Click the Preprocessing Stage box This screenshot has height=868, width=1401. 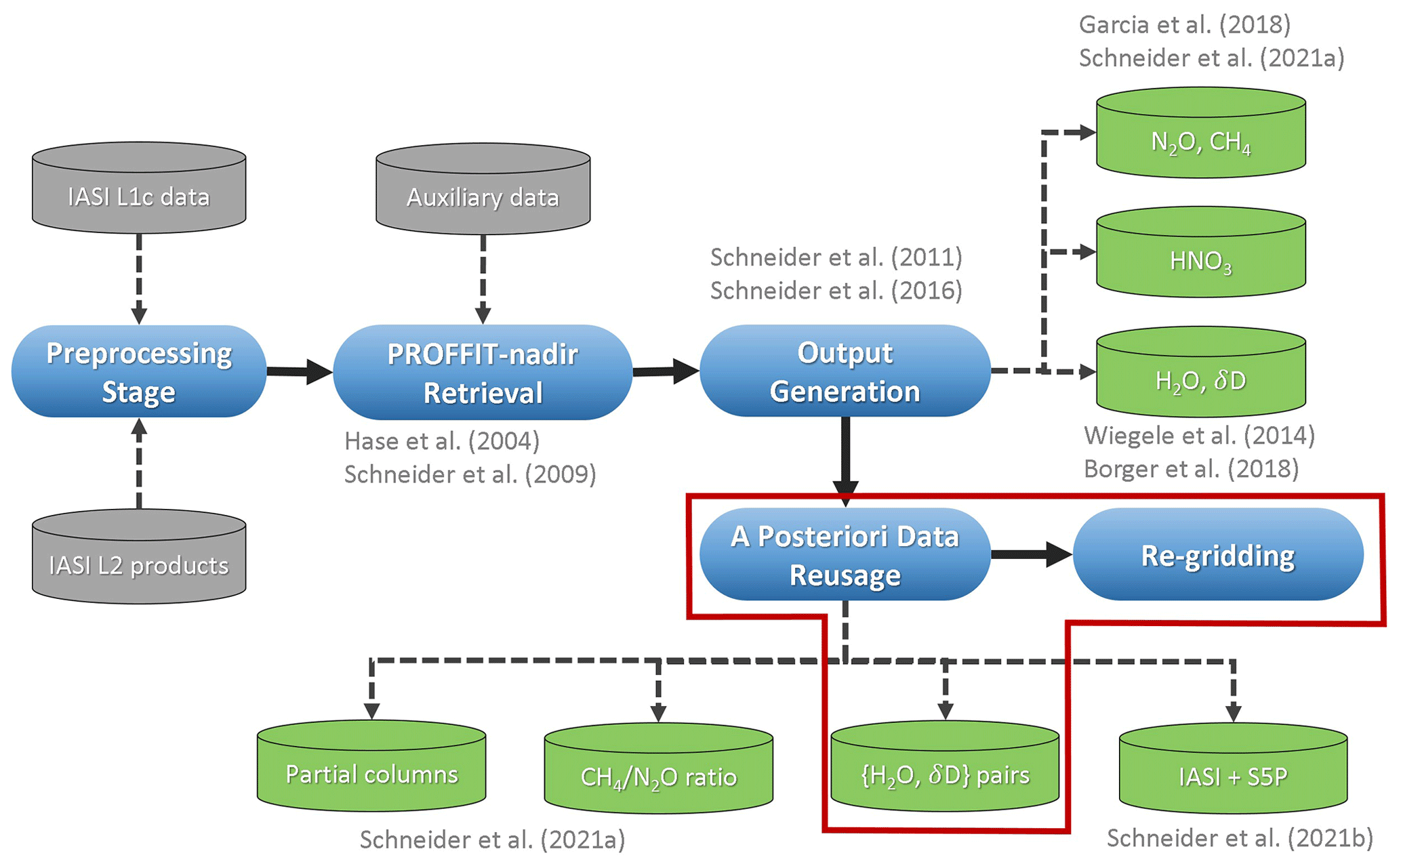click(x=139, y=371)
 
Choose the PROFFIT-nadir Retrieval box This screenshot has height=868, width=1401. click(x=483, y=372)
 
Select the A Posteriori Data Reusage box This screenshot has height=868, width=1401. click(x=845, y=554)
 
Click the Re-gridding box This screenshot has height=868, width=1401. click(x=1217, y=554)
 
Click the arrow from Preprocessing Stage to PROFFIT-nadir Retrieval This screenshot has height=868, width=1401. click(x=299, y=371)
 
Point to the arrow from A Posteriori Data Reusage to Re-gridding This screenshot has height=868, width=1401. click(x=1031, y=554)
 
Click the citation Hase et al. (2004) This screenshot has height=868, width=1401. click(x=442, y=441)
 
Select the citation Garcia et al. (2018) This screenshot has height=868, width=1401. click(x=1184, y=25)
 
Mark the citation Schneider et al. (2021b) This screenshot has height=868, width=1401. click(x=1240, y=838)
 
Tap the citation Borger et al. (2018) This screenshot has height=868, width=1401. click(x=1191, y=469)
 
